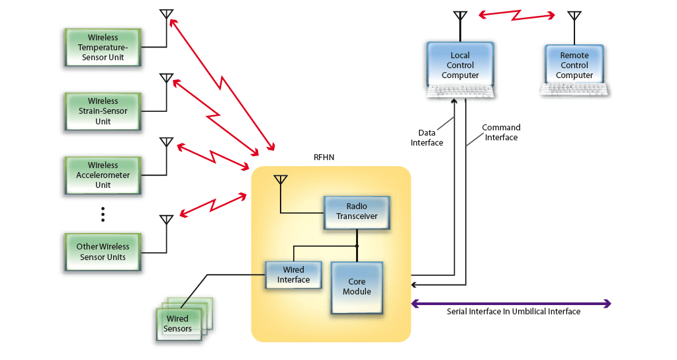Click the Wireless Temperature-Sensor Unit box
tap(103, 48)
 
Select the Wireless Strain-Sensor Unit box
tap(103, 111)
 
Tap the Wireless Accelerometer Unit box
tap(103, 175)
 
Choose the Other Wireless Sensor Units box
tap(103, 251)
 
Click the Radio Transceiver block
tap(356, 212)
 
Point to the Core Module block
tap(357, 287)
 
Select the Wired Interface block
tap(293, 275)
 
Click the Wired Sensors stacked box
tap(179, 324)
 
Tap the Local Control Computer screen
tap(460, 65)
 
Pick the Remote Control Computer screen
tap(574, 66)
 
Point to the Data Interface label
tap(427, 138)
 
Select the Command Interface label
tap(501, 132)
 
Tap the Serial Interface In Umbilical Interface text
tap(514, 312)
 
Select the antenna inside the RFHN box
tap(281, 180)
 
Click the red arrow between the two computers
tap(518, 14)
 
